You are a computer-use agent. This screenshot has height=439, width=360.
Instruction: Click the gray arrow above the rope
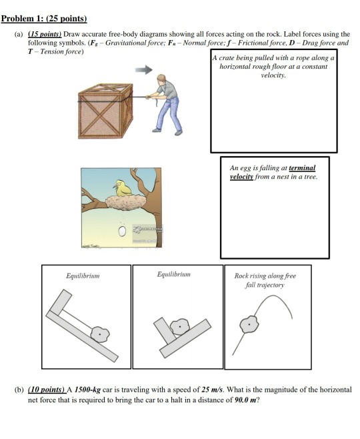point(144,69)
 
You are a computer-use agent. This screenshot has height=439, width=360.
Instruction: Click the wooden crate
point(105,111)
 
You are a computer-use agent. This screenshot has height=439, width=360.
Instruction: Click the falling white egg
point(122,232)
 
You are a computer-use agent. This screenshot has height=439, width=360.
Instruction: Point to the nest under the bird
point(126,202)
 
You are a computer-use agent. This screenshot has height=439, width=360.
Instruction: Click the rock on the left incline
point(100,334)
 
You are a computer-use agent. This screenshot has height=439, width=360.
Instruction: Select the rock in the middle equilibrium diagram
point(179,326)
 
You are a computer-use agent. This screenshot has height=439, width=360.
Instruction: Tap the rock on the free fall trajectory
point(249,324)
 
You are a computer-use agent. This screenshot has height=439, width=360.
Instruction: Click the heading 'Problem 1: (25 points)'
point(44,19)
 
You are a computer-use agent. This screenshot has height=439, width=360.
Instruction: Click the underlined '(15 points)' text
point(45,34)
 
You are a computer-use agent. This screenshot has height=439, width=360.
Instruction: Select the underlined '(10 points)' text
point(47,390)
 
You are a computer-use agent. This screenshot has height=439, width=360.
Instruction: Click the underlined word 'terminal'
point(302,167)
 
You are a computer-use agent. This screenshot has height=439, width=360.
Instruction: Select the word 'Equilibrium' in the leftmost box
point(83,276)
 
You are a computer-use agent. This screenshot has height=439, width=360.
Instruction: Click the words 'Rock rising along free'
point(265,276)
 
